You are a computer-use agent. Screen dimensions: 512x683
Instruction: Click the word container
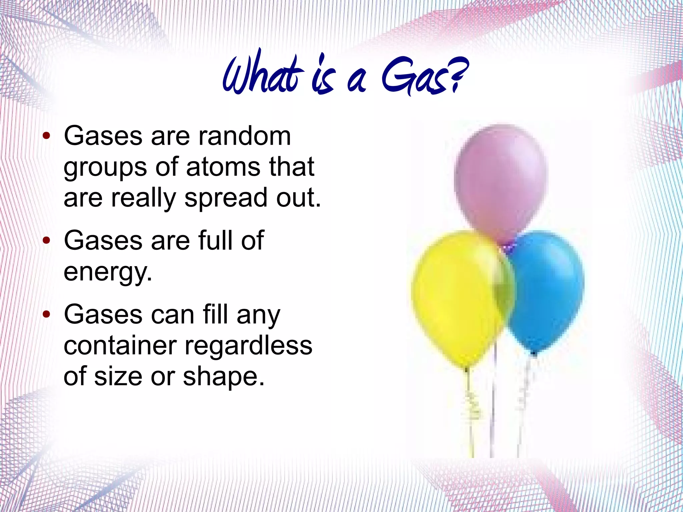(x=120, y=346)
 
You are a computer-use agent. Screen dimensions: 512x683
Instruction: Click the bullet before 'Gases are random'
(x=47, y=136)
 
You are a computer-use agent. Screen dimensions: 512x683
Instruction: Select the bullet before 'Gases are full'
(x=47, y=240)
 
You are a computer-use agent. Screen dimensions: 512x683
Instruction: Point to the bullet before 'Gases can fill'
(x=47, y=315)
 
